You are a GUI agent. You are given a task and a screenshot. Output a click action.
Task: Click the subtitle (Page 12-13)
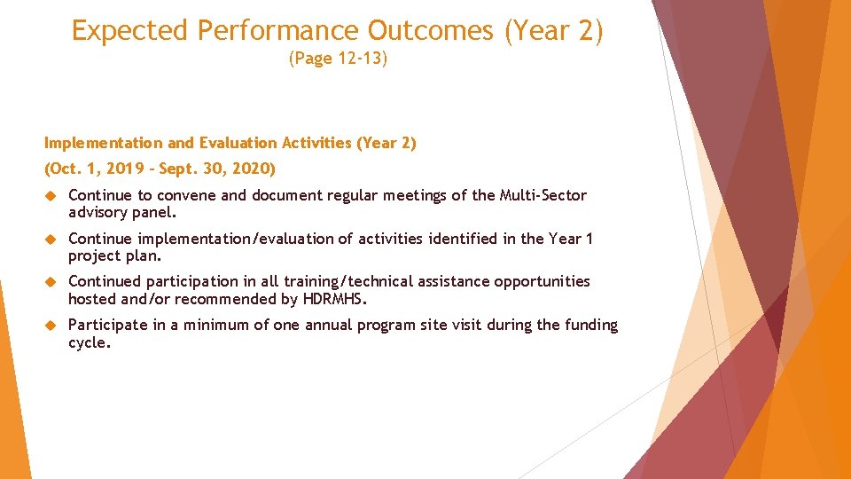[338, 60]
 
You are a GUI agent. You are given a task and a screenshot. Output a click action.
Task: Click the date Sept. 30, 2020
[216, 169]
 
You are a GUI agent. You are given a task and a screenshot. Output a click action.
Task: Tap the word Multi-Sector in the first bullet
[543, 195]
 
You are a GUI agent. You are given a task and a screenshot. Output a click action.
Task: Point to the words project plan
[114, 256]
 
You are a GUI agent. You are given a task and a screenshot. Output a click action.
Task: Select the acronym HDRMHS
[334, 299]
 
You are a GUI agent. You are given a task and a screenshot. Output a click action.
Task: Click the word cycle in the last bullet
[88, 342]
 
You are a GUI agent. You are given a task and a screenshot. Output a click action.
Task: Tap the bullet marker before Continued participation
[51, 282]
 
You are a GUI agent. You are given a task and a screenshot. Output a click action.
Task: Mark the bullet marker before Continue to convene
[51, 196]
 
